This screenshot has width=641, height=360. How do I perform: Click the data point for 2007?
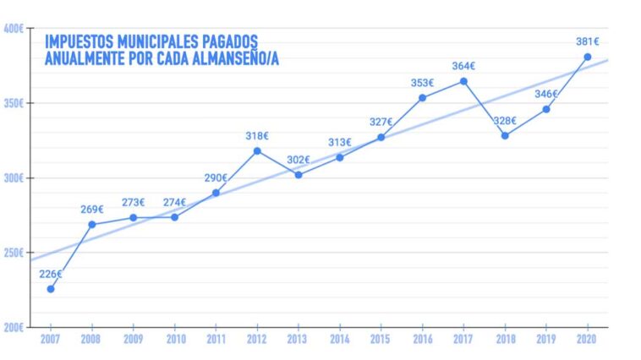(51, 289)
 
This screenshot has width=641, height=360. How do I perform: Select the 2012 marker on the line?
(257, 151)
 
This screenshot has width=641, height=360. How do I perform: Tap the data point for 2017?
(463, 81)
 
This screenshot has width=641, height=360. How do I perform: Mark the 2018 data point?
(505, 135)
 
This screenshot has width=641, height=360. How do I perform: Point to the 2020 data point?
(588, 57)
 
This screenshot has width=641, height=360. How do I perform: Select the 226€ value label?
(51, 274)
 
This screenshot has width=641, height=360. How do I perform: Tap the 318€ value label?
(257, 135)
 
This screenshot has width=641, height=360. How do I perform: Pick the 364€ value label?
(463, 65)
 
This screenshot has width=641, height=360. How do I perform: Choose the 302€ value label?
(299, 160)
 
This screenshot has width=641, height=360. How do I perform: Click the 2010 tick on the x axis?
(174, 339)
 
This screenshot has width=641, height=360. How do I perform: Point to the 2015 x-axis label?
(381, 339)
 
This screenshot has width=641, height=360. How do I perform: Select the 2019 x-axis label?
(546, 339)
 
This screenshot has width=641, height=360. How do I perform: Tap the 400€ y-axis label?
(14, 29)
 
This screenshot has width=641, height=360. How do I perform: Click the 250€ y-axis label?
(14, 253)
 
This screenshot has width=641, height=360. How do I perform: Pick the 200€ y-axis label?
(14, 327)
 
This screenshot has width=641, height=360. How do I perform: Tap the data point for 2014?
(340, 157)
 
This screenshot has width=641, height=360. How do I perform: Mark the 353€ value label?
(423, 83)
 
